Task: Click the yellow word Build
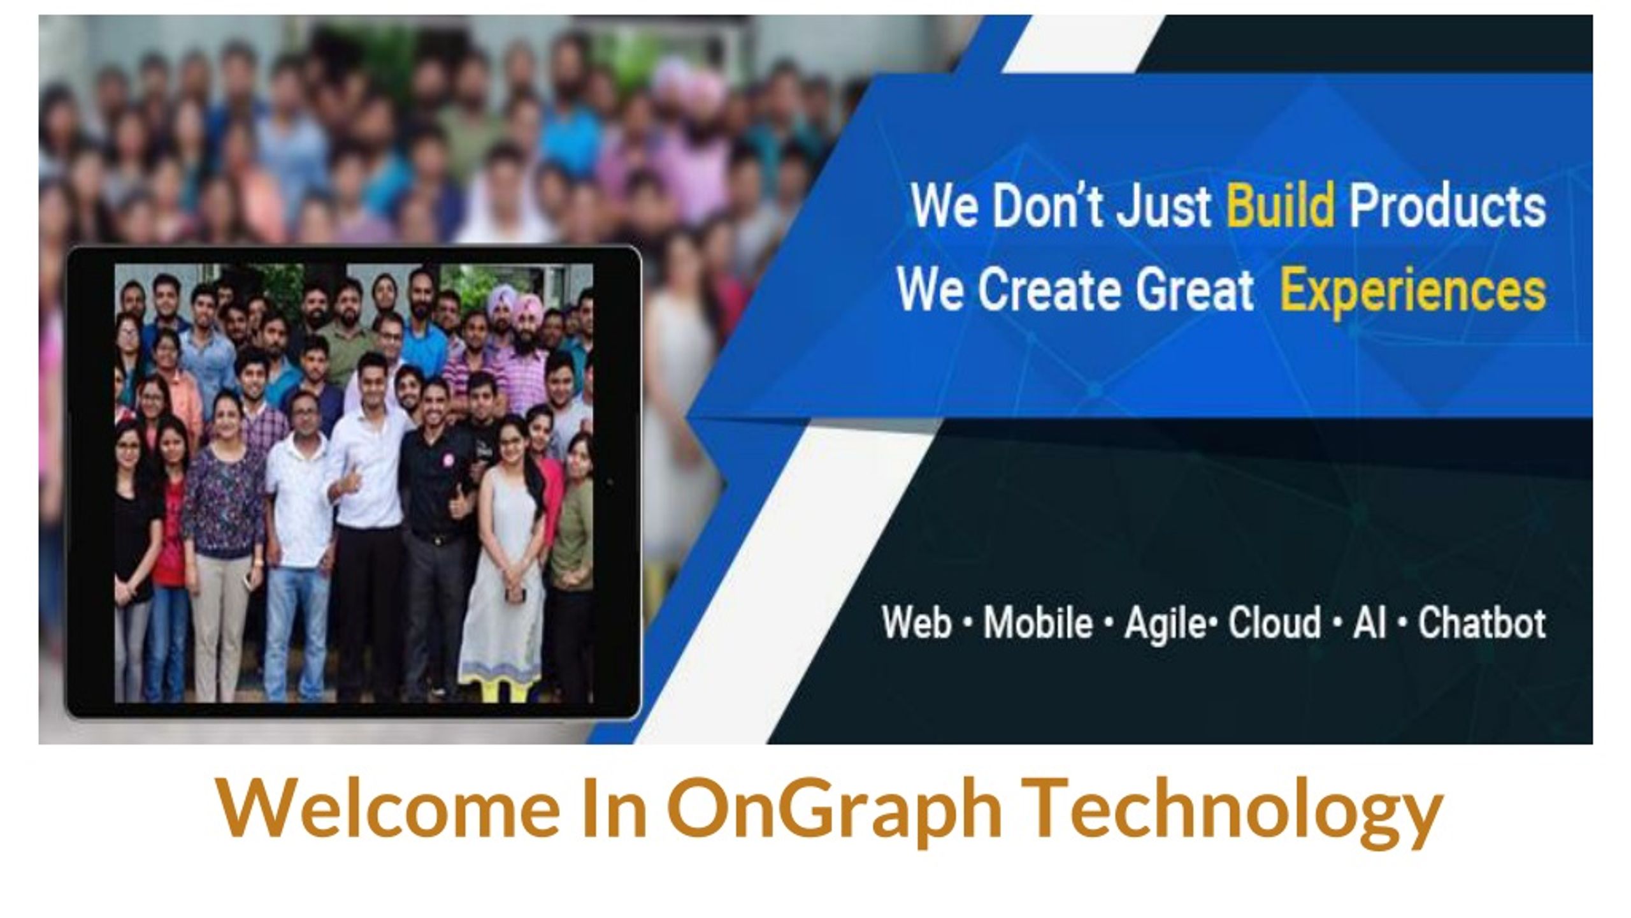coord(1280,205)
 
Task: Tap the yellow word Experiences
coord(1412,292)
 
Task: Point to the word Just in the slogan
coord(1163,205)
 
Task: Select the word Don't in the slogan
coord(1047,205)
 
